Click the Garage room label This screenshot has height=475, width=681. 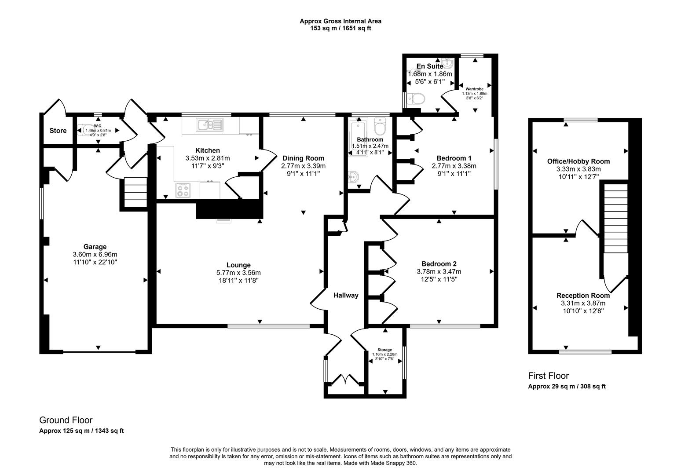click(95, 247)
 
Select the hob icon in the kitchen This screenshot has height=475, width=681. click(183, 190)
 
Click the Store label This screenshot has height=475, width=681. click(58, 131)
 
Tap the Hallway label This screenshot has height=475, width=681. click(345, 296)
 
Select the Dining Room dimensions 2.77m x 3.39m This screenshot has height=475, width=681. click(303, 166)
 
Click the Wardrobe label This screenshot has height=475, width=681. click(474, 89)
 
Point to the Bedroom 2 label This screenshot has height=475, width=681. click(439, 264)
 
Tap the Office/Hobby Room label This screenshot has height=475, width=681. click(578, 161)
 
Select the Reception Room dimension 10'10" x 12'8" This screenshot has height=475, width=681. click(583, 311)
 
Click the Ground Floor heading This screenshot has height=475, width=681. click(66, 420)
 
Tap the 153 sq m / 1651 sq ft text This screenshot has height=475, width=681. click(340, 28)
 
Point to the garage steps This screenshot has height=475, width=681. click(135, 192)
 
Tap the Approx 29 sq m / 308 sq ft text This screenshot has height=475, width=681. click(567, 387)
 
